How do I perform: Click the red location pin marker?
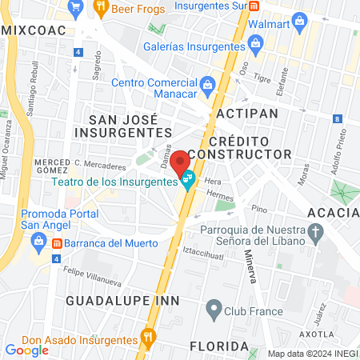click(182, 161)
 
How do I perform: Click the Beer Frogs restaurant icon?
click(102, 9)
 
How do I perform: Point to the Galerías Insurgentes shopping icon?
click(155, 29)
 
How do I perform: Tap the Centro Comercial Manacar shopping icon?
click(206, 83)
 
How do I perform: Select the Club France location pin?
click(213, 307)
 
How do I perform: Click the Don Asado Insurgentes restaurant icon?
click(146, 336)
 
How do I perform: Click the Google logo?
click(26, 350)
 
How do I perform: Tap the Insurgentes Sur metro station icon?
click(254, 6)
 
